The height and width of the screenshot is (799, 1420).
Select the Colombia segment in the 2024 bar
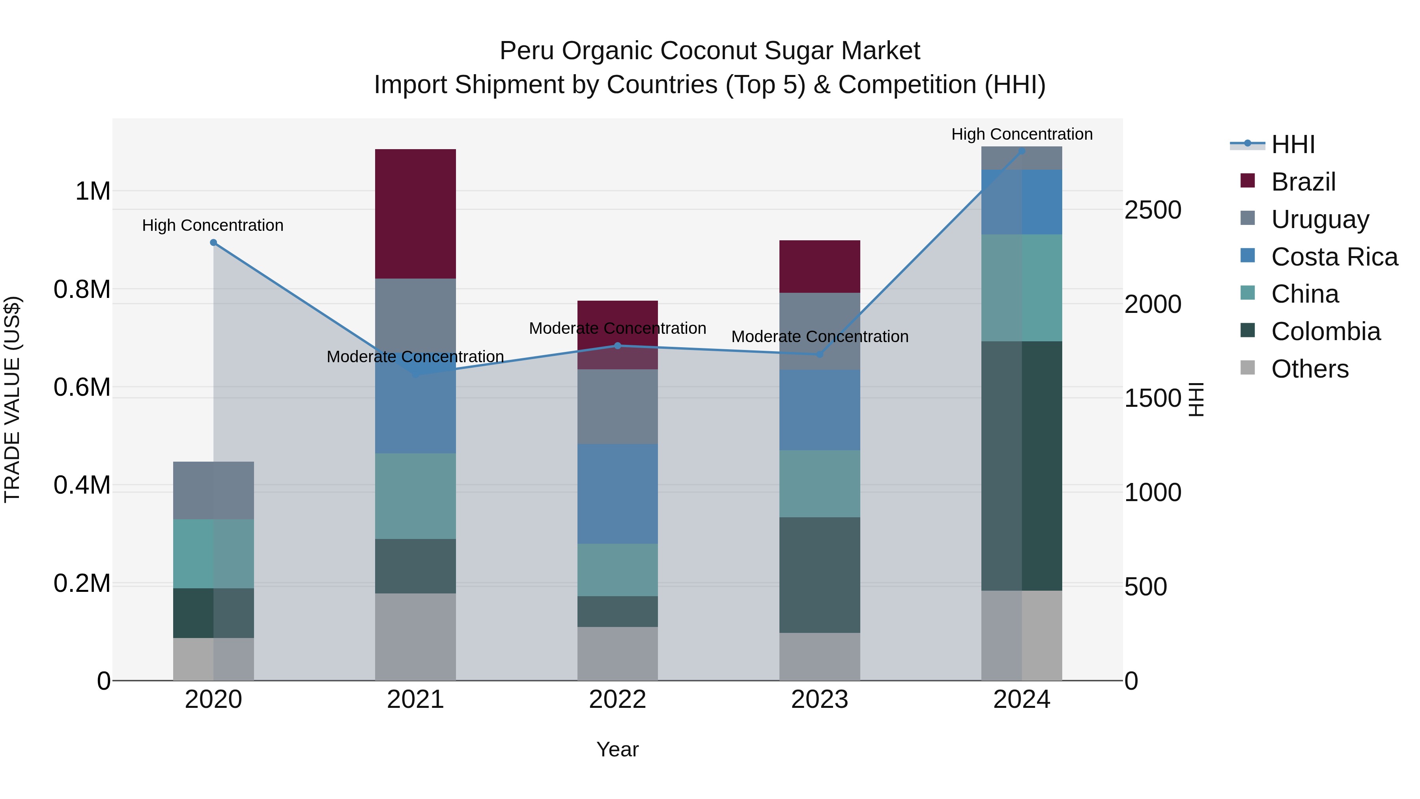tap(1022, 466)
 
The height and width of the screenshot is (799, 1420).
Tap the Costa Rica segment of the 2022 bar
tap(617, 494)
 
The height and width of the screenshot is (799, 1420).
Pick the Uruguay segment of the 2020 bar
tap(213, 490)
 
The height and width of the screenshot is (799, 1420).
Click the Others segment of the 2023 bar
tap(820, 656)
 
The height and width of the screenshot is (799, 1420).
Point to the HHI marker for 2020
tap(213, 243)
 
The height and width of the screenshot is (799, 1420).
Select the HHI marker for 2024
tap(1022, 151)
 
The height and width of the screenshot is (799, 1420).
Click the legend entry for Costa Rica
tap(1334, 257)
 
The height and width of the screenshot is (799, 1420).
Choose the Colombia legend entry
tap(1325, 331)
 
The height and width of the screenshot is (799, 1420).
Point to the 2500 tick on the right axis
tap(1153, 210)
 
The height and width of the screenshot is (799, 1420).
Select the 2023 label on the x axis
tap(820, 700)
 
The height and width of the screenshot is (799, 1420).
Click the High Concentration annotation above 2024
tap(1022, 134)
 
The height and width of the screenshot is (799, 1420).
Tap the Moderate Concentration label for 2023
tap(820, 336)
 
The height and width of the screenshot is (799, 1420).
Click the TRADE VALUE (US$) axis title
tap(12, 399)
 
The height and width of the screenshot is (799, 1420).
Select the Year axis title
tap(617, 749)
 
